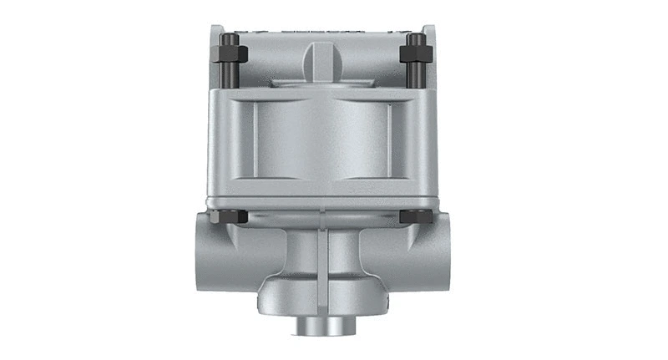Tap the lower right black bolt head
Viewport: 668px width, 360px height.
[415, 216]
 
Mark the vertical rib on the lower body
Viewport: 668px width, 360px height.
[323, 259]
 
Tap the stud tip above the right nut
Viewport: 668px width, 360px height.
[415, 38]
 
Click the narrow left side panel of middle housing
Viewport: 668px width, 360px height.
[236, 138]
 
